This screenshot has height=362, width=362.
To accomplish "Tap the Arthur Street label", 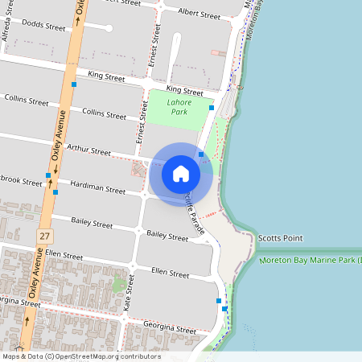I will [x=88, y=150].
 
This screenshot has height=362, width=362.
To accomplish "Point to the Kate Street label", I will [x=128, y=302].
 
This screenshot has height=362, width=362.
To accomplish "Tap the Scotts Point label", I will [x=281, y=238].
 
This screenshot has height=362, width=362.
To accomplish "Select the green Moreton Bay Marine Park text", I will [x=310, y=261].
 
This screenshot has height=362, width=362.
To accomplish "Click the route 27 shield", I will [x=44, y=235].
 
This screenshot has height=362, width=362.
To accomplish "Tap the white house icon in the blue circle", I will [x=181, y=174].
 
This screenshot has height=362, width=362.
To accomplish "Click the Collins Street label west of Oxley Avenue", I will [x=26, y=101].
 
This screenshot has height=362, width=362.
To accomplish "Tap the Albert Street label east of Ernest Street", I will [x=199, y=14].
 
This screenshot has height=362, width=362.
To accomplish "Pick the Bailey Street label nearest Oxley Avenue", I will [x=91, y=223].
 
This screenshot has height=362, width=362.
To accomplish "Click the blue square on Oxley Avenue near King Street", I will [x=73, y=84].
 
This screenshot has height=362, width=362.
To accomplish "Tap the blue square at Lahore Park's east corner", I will [x=212, y=107].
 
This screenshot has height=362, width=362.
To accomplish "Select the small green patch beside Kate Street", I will [x=119, y=283].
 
